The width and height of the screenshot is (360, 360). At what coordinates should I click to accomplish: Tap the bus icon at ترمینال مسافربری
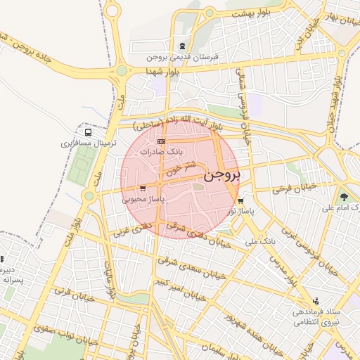click(x=88, y=131)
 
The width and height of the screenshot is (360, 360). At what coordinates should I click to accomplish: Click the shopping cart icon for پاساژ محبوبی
click(x=143, y=188)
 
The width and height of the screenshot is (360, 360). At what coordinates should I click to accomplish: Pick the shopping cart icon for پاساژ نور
click(x=241, y=200)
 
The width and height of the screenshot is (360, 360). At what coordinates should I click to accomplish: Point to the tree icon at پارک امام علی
click(x=344, y=197)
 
